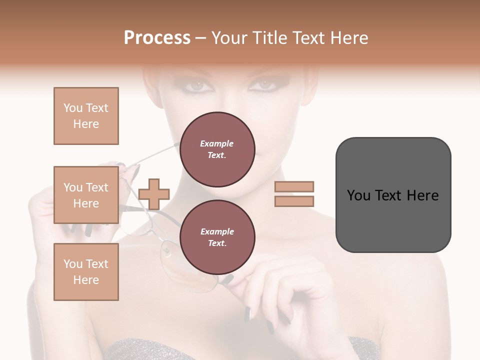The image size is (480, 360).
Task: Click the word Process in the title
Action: (x=157, y=37)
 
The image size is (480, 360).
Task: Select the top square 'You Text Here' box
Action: (x=86, y=116)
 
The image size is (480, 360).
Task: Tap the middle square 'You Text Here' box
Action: (x=86, y=195)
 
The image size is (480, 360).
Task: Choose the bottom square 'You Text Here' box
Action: (x=86, y=272)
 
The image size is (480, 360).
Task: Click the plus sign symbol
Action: (x=154, y=193)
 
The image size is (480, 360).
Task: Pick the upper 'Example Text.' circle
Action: (x=217, y=149)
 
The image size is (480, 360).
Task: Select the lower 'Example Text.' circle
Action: (x=217, y=237)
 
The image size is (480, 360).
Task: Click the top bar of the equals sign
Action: (x=294, y=186)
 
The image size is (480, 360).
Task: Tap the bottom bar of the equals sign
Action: (x=294, y=201)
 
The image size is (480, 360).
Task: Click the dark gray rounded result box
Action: (x=393, y=194)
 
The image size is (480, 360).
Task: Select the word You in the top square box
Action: (x=72, y=108)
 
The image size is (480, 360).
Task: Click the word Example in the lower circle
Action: (x=217, y=231)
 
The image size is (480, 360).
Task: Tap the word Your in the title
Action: (x=228, y=38)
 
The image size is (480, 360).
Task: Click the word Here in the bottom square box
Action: (x=86, y=280)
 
